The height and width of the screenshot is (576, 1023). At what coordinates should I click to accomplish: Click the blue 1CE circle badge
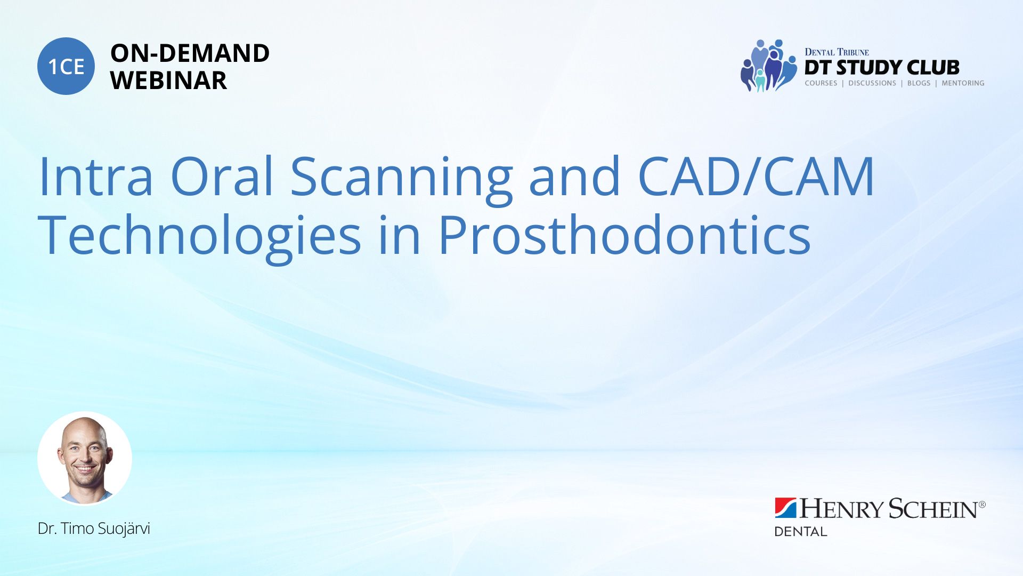click(x=66, y=66)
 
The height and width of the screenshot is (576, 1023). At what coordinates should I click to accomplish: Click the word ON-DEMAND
click(x=190, y=53)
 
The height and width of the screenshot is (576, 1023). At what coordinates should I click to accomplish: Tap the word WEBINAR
click(x=168, y=81)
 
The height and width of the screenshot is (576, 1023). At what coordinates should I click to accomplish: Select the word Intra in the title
click(x=96, y=176)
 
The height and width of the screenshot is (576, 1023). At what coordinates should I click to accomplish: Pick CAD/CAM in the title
click(x=756, y=175)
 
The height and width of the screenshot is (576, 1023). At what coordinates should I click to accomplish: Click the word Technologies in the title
click(x=200, y=237)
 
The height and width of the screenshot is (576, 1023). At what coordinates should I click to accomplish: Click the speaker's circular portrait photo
click(x=85, y=458)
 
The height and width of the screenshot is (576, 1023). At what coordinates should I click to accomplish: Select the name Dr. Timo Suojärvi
click(x=94, y=529)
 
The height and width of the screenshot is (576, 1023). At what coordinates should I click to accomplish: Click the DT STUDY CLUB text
click(x=882, y=67)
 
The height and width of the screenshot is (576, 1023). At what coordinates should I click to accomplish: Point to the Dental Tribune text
click(x=837, y=52)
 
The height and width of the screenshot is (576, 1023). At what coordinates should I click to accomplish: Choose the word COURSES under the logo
click(x=821, y=83)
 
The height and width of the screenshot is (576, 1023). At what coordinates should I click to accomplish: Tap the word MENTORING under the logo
click(x=963, y=83)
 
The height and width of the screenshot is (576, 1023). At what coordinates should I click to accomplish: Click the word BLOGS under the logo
click(x=919, y=83)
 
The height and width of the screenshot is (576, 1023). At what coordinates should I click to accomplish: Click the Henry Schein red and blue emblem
click(x=785, y=508)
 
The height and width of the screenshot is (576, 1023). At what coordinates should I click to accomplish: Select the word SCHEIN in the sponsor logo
click(x=933, y=509)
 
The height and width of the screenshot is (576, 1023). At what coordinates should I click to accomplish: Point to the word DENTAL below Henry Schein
click(x=800, y=532)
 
